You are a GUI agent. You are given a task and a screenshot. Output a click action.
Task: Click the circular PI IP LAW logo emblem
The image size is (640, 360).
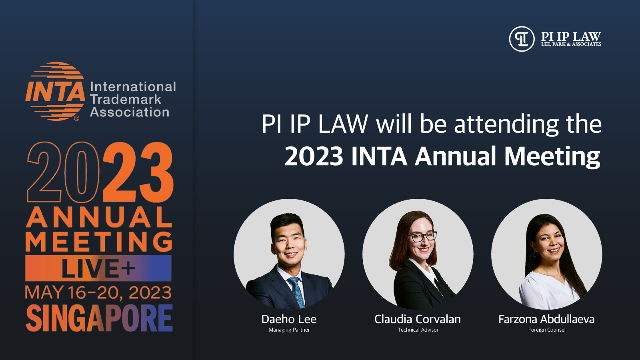pos(522,39)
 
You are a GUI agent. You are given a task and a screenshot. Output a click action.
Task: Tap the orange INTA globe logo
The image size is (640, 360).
pos(55,91)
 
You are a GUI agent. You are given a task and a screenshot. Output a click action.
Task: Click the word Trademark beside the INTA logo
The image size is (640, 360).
pos(126,100)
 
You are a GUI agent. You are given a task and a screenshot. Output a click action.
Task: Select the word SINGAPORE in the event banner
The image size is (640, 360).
pos(99,318)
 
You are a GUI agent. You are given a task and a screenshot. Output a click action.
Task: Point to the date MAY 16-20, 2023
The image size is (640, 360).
pos(98,293)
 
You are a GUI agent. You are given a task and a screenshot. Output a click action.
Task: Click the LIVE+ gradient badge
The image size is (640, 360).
pos(98,268)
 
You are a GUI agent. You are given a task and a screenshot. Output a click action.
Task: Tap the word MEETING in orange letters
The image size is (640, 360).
pos(99,242)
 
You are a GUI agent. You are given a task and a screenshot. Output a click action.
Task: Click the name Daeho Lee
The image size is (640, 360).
pos(289,319)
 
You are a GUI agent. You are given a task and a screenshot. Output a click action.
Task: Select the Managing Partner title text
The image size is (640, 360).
pos(289,330)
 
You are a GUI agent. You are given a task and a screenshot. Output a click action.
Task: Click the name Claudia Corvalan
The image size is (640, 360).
pos(418,319)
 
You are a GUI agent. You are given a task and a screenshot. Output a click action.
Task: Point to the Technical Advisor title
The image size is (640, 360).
pos(418,330)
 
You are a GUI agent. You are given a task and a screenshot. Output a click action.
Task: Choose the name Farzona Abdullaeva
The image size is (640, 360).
pos(546,319)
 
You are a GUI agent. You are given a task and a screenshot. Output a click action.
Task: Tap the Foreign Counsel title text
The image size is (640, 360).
pos(547,330)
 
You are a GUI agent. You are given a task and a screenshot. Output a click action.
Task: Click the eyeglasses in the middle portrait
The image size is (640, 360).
pos(422,237)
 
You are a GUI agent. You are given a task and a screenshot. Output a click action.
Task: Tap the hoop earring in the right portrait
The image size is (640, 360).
pos(536,254)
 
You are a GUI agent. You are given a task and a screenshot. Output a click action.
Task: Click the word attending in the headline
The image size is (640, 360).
pos(506,124)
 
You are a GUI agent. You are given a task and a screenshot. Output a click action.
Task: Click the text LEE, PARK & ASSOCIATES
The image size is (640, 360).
pos(571,44)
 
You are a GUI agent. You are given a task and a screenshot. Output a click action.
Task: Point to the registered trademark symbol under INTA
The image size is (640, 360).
pos(76,118)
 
